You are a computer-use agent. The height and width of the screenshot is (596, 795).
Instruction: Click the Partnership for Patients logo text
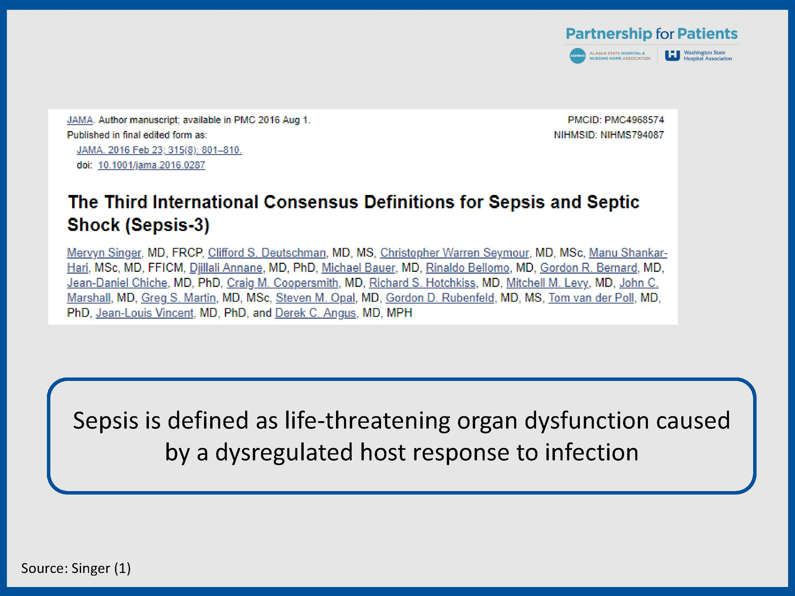tap(652, 34)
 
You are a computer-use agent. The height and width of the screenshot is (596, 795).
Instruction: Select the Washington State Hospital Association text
tap(708, 56)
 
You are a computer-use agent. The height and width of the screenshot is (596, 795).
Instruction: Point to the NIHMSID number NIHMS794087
tap(632, 135)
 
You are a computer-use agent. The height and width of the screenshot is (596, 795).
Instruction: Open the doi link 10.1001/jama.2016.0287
tap(151, 165)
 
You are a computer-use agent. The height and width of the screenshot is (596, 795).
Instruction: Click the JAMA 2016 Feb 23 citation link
tap(159, 150)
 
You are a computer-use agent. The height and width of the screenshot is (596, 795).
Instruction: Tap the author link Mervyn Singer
tap(104, 253)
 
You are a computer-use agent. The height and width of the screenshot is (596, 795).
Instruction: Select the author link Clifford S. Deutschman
tap(267, 253)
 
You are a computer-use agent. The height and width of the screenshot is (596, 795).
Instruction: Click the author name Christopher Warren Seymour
tap(455, 253)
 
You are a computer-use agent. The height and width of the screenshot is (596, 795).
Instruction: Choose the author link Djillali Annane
tap(226, 268)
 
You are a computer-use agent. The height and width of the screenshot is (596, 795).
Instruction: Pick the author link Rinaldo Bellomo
tap(468, 268)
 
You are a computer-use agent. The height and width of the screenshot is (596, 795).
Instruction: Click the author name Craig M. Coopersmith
tap(283, 283)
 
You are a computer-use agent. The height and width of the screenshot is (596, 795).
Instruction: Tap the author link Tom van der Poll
tap(591, 298)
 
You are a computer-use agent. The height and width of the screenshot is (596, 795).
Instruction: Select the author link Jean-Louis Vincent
tap(144, 313)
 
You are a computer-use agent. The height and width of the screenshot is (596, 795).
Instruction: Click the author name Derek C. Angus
tap(315, 313)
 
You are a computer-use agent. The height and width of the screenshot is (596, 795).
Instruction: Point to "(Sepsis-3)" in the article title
tap(167, 225)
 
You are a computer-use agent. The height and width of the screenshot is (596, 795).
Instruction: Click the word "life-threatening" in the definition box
tap(367, 420)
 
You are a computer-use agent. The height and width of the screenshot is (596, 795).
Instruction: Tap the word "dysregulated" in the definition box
tap(284, 452)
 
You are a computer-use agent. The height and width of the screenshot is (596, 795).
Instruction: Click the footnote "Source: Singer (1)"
tap(76, 568)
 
